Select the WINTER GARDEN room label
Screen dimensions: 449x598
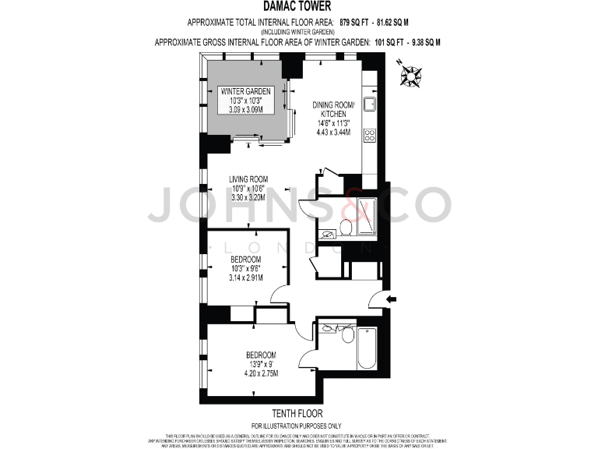(246, 91)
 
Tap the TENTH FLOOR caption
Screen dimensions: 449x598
(297, 413)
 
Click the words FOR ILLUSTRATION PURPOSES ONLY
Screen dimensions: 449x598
(297, 425)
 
